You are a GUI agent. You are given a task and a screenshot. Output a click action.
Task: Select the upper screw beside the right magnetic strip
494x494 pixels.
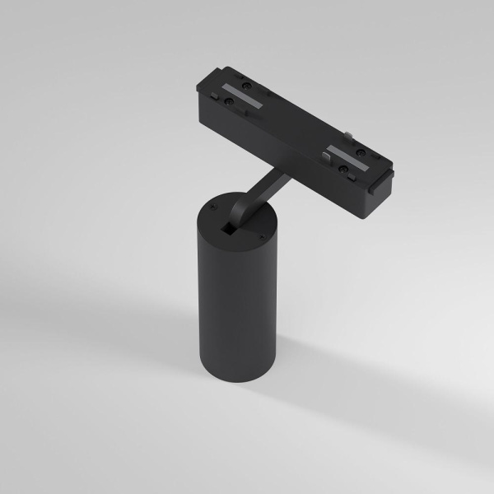(360, 152)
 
